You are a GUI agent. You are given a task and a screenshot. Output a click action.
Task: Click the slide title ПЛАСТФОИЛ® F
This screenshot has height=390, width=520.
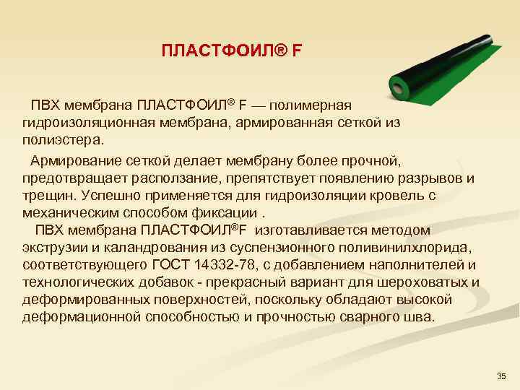pos(232,51)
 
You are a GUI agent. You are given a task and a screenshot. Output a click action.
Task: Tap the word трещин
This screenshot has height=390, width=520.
pos(48,194)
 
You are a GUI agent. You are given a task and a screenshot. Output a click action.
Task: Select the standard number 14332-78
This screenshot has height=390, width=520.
pos(242,264)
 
